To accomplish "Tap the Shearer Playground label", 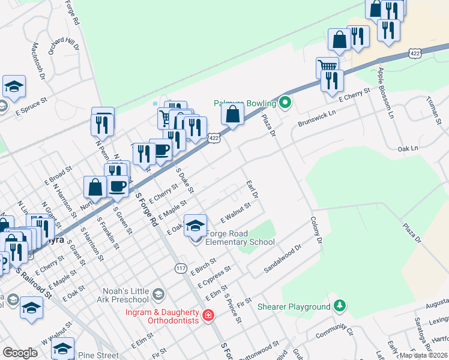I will [294, 307].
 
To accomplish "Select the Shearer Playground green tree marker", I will [340, 306].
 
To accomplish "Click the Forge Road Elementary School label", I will [240, 238].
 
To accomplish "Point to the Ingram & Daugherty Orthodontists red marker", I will [208, 315].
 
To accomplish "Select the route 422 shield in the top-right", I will [415, 53].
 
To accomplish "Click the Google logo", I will [20, 353].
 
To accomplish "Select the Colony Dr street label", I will [316, 231].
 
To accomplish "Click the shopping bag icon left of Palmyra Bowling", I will [232, 114].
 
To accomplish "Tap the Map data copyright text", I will [423, 355].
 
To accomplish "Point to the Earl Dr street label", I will [252, 189].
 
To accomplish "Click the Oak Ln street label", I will [407, 148].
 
